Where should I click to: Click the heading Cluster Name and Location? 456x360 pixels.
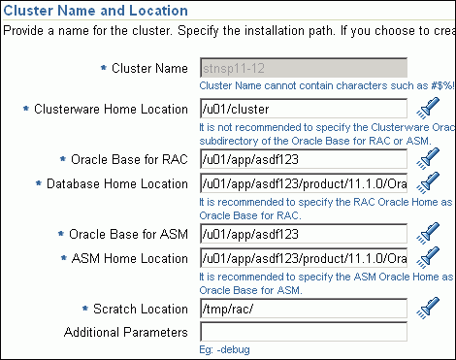pyautogui.click(x=94, y=11)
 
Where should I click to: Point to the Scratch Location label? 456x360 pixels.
pyautogui.click(x=143, y=310)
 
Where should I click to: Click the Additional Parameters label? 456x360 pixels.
pyautogui.click(x=125, y=333)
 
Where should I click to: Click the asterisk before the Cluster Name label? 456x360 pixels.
pyautogui.click(x=103, y=69)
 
